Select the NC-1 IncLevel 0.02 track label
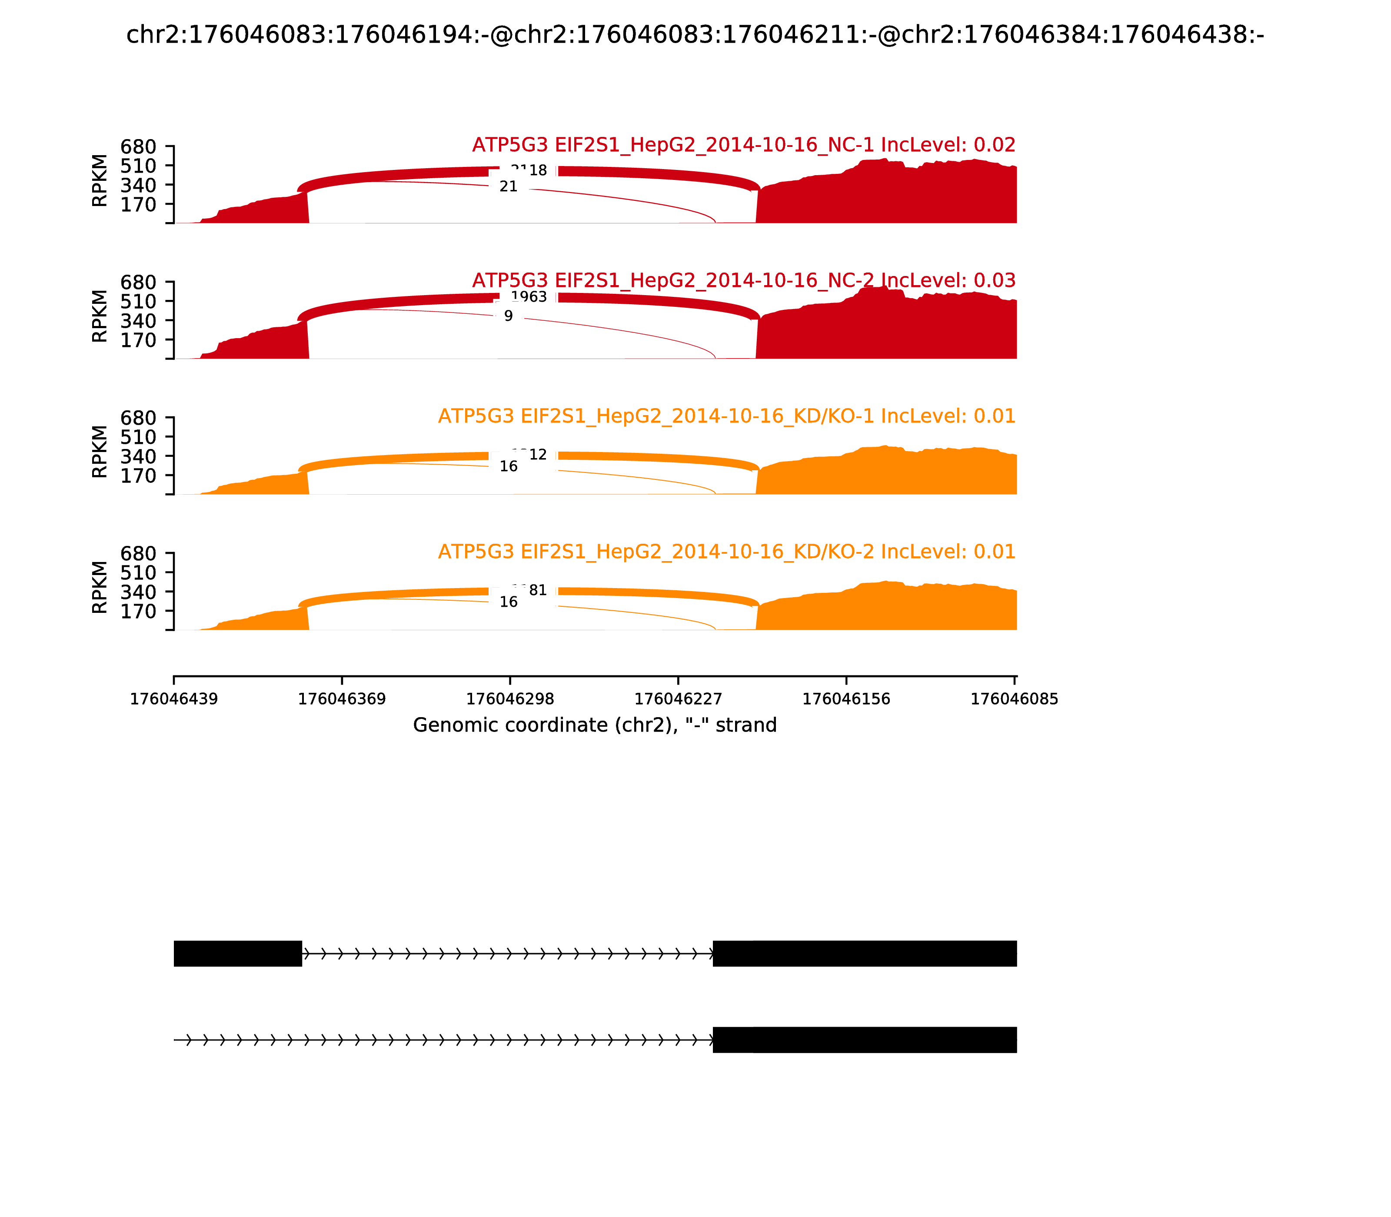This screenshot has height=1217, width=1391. point(744,145)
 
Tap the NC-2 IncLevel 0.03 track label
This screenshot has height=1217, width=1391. point(744,280)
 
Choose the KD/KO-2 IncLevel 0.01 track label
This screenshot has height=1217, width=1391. point(727,552)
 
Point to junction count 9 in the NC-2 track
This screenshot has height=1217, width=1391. point(508,316)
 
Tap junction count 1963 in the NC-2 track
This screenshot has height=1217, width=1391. point(529,297)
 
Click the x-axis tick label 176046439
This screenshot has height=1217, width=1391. point(174,699)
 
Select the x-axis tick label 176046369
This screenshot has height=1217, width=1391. point(342,699)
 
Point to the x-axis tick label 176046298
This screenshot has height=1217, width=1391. point(510,699)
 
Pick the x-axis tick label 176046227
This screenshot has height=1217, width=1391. point(678,699)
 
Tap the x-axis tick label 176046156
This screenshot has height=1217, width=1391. point(846,699)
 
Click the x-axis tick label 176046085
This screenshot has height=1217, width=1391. point(1014,699)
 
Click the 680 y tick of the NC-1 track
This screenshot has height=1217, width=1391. point(139,147)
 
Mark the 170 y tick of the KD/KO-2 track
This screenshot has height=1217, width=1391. point(139,611)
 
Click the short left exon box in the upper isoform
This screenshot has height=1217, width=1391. point(238,954)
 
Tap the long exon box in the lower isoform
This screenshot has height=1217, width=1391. point(865,1040)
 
